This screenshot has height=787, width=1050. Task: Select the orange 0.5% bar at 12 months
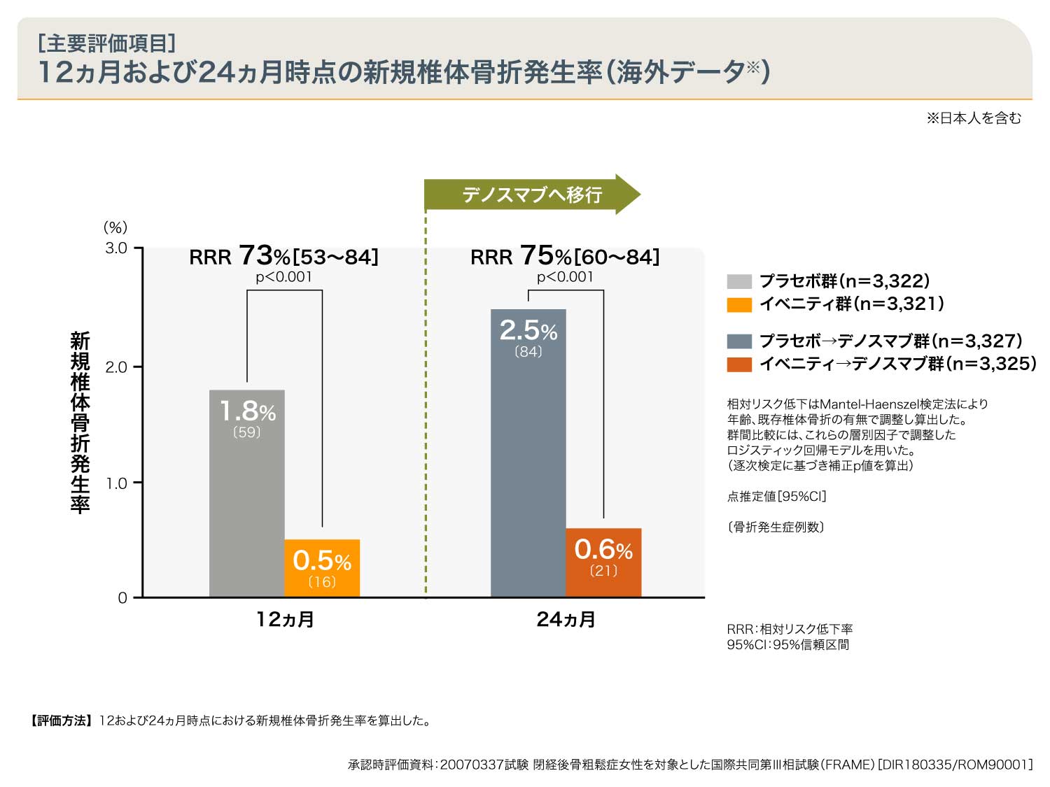[x=322, y=568]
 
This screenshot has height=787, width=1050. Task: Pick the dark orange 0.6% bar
[x=603, y=562]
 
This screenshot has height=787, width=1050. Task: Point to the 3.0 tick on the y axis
[x=117, y=248]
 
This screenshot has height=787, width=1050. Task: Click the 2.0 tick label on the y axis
[x=117, y=367]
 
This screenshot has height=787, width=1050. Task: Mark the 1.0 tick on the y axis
[x=117, y=483]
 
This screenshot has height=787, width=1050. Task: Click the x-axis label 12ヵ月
[x=285, y=619]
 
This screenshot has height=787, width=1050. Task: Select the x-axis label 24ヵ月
[x=566, y=619]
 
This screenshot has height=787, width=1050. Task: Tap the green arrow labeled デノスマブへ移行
[x=531, y=194]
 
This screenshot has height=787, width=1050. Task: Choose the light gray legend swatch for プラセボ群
[x=739, y=282]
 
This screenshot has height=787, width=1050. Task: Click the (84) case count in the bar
[x=528, y=352]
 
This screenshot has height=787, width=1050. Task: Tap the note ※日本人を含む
[x=974, y=118]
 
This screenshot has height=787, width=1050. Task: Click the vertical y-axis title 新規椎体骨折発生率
[x=80, y=423]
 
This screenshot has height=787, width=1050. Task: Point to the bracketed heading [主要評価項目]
[x=106, y=43]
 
